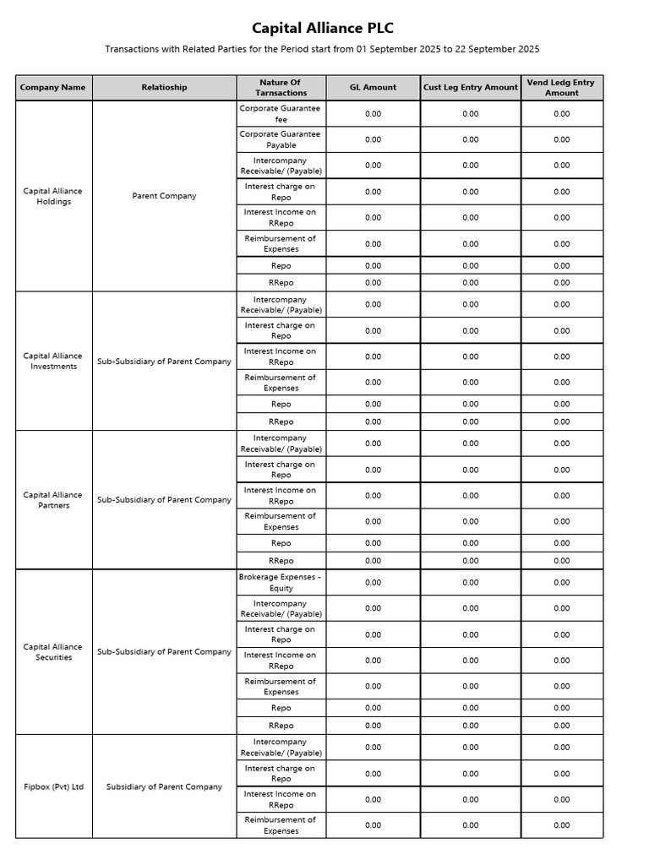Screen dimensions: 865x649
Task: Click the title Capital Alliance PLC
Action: pos(323,28)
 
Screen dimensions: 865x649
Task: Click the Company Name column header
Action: pos(53,88)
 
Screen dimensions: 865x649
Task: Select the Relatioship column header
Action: pos(164,88)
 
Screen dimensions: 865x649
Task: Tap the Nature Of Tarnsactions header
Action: pos(281,88)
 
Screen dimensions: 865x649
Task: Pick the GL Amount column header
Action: pos(373,88)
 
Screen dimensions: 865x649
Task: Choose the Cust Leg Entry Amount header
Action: pos(471,88)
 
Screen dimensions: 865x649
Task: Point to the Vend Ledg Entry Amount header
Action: pos(561,88)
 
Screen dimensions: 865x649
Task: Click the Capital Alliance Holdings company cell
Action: pos(53,196)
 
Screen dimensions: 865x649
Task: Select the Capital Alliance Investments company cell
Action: pos(53,362)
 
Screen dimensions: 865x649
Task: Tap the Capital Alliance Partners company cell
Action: pos(53,500)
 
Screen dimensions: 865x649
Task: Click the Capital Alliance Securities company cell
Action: pos(53,652)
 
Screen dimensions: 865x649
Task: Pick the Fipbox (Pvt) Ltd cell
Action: pos(53,786)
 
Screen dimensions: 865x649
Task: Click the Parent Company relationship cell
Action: pos(164,196)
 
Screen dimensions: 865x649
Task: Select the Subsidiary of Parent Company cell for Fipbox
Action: pos(164,786)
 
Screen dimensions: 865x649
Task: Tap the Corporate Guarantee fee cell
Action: pos(281,114)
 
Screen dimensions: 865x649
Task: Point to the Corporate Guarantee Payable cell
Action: pos(281,139)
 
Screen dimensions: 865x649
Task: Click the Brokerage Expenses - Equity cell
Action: pos(281,582)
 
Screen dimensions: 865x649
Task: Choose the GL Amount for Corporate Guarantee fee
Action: pos(373,114)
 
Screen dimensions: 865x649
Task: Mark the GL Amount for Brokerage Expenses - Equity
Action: pos(373,582)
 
